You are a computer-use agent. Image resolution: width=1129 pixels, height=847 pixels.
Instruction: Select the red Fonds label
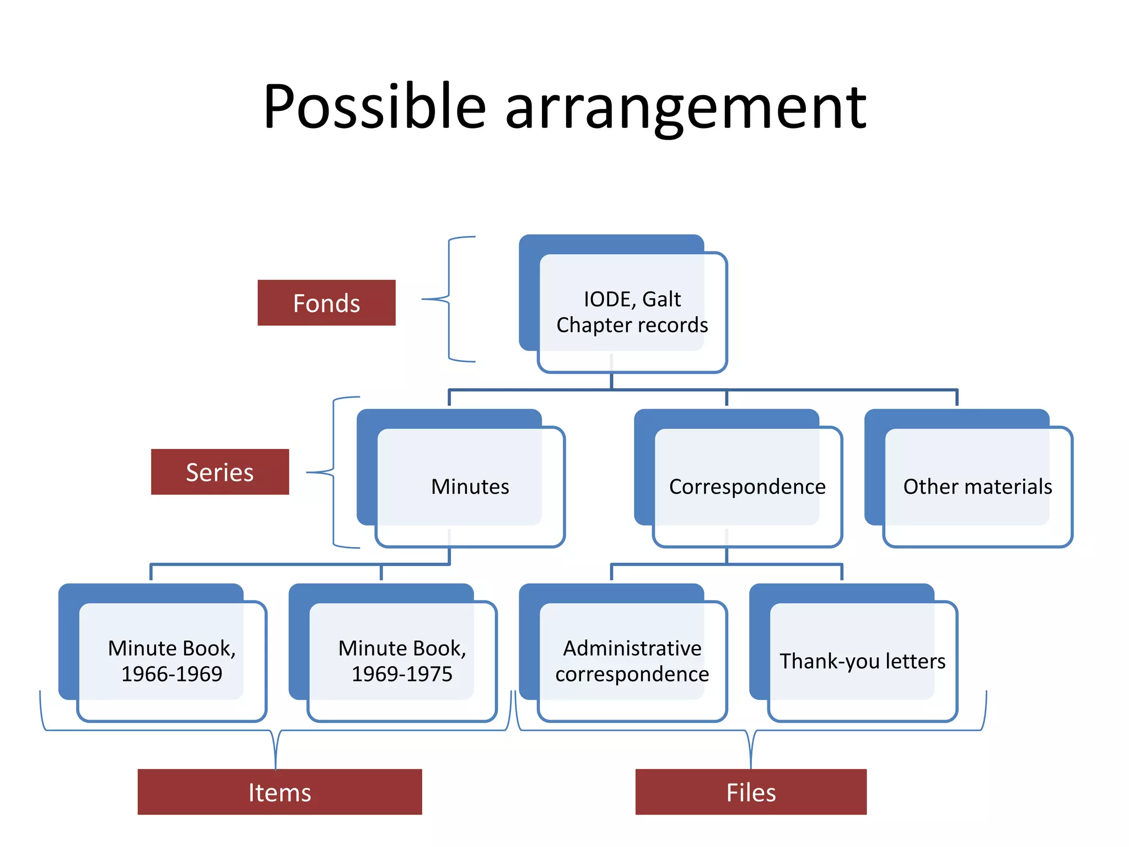pos(326,303)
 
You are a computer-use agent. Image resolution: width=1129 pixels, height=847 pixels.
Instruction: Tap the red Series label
pos(219,472)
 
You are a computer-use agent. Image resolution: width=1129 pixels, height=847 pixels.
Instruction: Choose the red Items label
pos(279,792)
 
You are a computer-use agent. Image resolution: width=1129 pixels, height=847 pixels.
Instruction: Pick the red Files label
pos(750,792)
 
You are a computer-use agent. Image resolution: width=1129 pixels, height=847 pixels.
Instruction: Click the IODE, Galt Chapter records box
pos(632,312)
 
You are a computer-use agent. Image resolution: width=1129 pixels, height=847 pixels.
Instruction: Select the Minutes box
pos(470,486)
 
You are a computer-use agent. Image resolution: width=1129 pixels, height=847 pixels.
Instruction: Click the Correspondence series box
pos(747,486)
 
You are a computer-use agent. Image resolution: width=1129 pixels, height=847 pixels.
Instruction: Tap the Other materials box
pos(977,486)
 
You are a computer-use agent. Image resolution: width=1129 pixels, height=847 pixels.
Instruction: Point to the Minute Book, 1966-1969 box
pos(171,661)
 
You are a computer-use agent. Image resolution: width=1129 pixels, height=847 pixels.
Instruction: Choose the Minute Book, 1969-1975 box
pos(402,661)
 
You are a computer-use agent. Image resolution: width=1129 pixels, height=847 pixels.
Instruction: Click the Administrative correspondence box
pos(632,661)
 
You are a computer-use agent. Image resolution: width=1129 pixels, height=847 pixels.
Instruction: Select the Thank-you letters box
pos(862,661)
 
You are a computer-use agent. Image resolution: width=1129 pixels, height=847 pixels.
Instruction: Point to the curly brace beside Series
pos(333,472)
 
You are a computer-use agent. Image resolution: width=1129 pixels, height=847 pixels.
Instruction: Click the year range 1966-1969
pos(171,674)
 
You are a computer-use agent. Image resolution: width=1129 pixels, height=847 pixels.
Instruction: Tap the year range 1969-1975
pos(402,674)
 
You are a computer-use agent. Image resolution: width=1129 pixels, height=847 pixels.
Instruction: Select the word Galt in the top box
pos(662,299)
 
